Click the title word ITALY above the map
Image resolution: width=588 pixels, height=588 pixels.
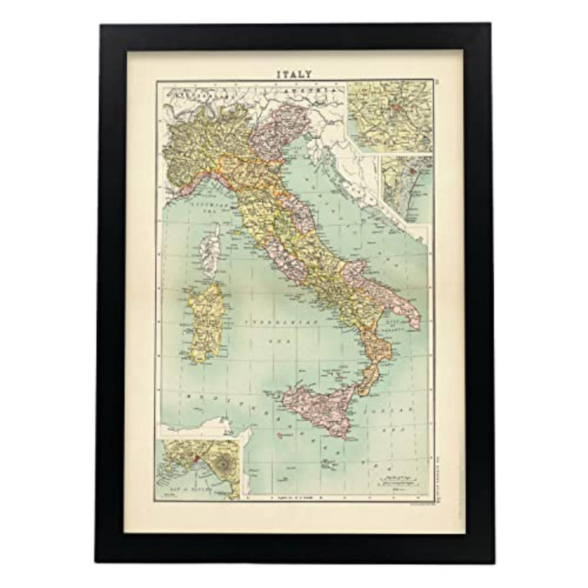[x=294, y=74]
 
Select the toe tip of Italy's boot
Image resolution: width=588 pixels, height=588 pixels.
[x=362, y=392]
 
